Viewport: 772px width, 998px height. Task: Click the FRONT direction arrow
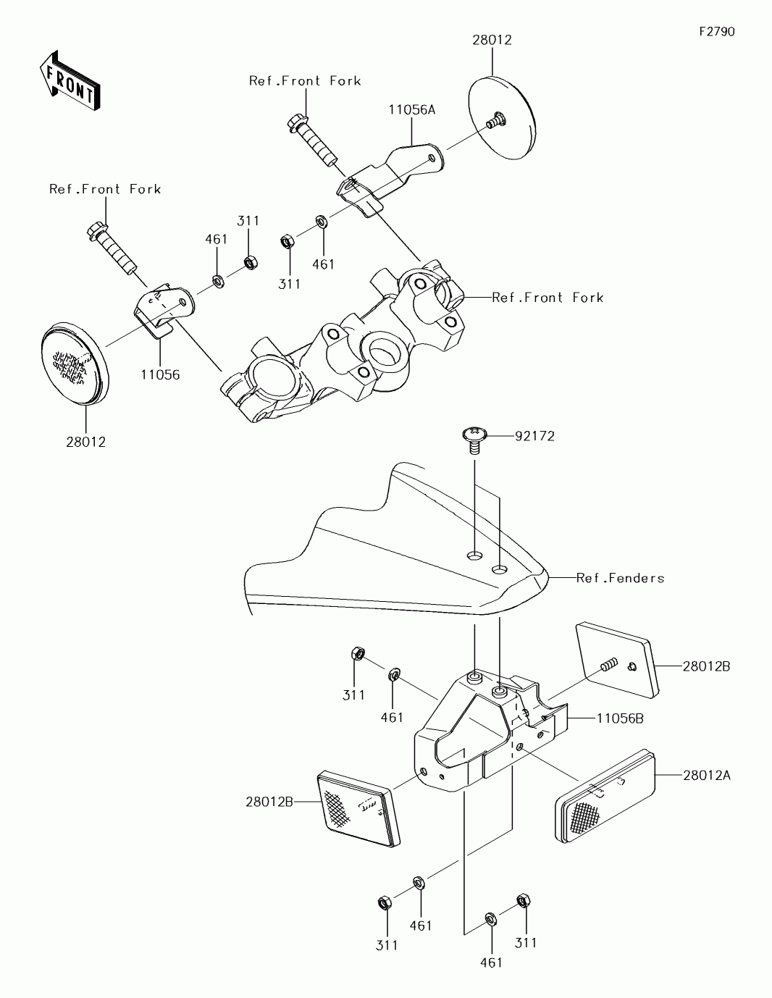click(x=70, y=81)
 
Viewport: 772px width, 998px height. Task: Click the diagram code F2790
click(x=716, y=32)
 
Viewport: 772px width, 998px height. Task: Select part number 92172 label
click(x=534, y=436)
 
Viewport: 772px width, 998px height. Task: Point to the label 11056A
click(x=411, y=110)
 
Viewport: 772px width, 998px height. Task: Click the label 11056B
click(x=620, y=718)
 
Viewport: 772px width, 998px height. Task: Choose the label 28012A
click(x=706, y=775)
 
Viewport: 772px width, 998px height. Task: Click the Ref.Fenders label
click(x=620, y=578)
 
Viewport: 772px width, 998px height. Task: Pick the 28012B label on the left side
click(x=269, y=801)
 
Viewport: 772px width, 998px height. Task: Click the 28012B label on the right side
click(x=705, y=666)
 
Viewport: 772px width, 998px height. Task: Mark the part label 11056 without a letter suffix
click(x=160, y=374)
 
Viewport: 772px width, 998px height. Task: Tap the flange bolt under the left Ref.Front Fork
click(x=112, y=248)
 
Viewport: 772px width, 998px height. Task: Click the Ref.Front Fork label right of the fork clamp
click(x=547, y=297)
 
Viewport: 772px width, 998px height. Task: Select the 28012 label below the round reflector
click(x=85, y=442)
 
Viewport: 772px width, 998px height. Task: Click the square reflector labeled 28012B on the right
click(x=617, y=659)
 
